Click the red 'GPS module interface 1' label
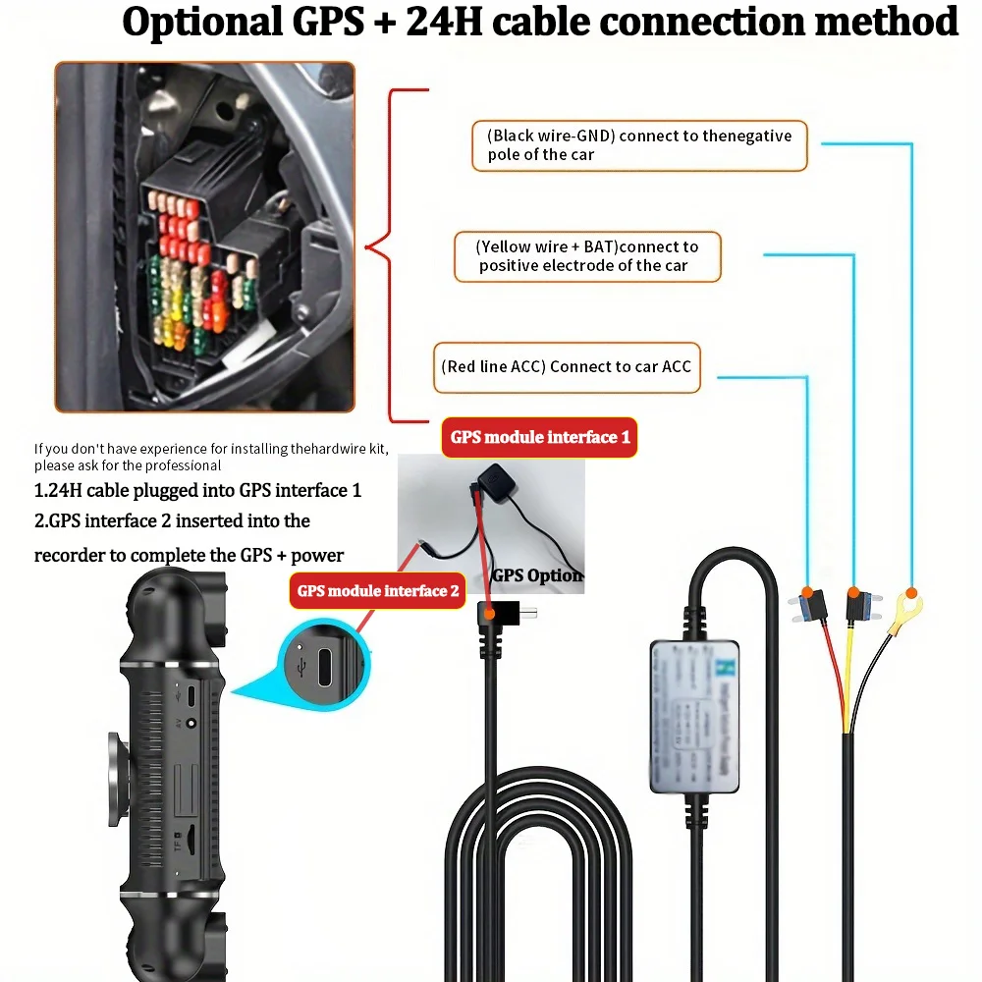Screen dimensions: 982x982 coord(539,437)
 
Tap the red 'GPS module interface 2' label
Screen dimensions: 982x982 coord(378,590)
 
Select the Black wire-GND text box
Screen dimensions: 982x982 coord(639,145)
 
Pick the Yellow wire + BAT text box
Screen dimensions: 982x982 coord(587,256)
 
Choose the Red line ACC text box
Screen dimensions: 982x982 coord(567,367)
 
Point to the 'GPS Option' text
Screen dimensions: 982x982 coord(537,575)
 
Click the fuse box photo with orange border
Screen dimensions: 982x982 coord(204,237)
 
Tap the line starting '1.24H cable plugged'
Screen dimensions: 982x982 coord(197,490)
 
